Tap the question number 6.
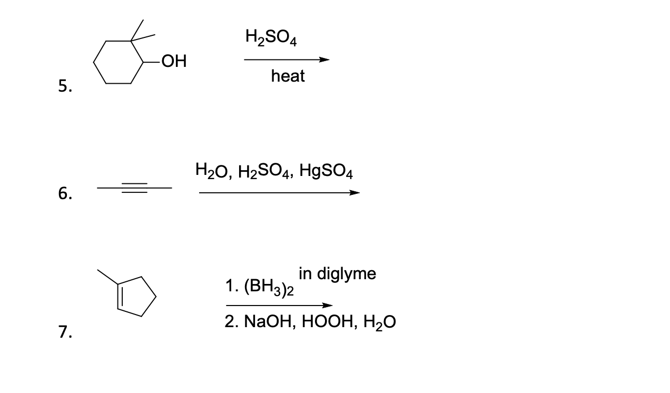click(x=63, y=194)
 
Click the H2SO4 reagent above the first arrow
click(x=271, y=37)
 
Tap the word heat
click(x=288, y=76)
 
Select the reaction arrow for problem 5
click(x=287, y=60)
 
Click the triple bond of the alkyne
click(x=134, y=188)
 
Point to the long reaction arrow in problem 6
click(x=279, y=193)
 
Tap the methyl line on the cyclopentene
click(x=107, y=278)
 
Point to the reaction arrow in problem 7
click(x=279, y=305)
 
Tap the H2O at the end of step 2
click(x=379, y=322)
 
